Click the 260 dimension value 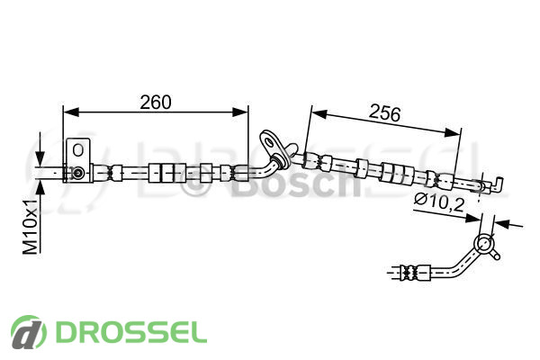[156, 102]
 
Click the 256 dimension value [384, 113]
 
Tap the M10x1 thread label [31, 226]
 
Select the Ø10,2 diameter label [439, 202]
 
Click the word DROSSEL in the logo [130, 332]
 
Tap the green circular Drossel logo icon [29, 332]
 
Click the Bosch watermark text [295, 184]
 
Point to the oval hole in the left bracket [78, 150]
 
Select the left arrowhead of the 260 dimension [71, 112]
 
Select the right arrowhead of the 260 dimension [240, 112]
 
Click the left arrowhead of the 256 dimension [319, 114]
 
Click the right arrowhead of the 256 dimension [452, 132]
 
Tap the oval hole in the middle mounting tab [268, 140]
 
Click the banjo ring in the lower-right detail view [484, 243]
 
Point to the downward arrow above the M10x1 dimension [40, 148]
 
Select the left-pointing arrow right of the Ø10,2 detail [508, 224]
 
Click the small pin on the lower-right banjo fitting [496, 256]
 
